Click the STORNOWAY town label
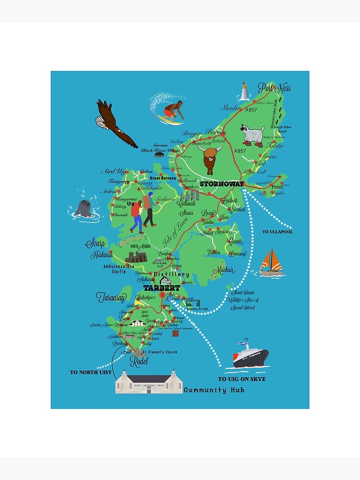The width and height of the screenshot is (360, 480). point(222,184)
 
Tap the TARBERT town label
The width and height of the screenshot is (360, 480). point(162,288)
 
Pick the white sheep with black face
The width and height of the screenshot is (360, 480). point(253,135)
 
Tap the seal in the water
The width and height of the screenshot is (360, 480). point(84,209)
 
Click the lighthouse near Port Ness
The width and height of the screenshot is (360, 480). point(245,91)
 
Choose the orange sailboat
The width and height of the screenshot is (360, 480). point(272,263)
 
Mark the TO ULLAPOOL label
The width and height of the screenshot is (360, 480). point(277,232)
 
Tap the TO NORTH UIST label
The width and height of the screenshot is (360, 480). point(90,372)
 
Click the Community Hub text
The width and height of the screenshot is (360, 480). point(214,390)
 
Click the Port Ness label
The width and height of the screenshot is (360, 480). point(274,88)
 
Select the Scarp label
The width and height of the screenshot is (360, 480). point(96,243)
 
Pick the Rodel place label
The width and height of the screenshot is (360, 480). point(139,360)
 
